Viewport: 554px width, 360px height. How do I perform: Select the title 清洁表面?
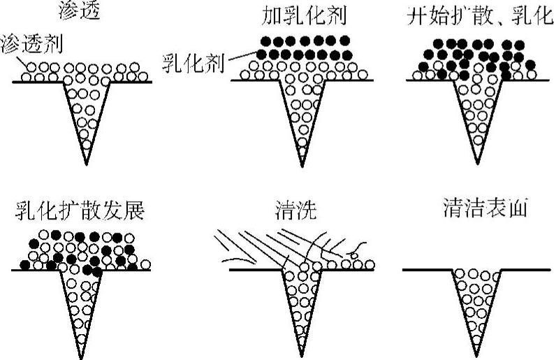[479, 210]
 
